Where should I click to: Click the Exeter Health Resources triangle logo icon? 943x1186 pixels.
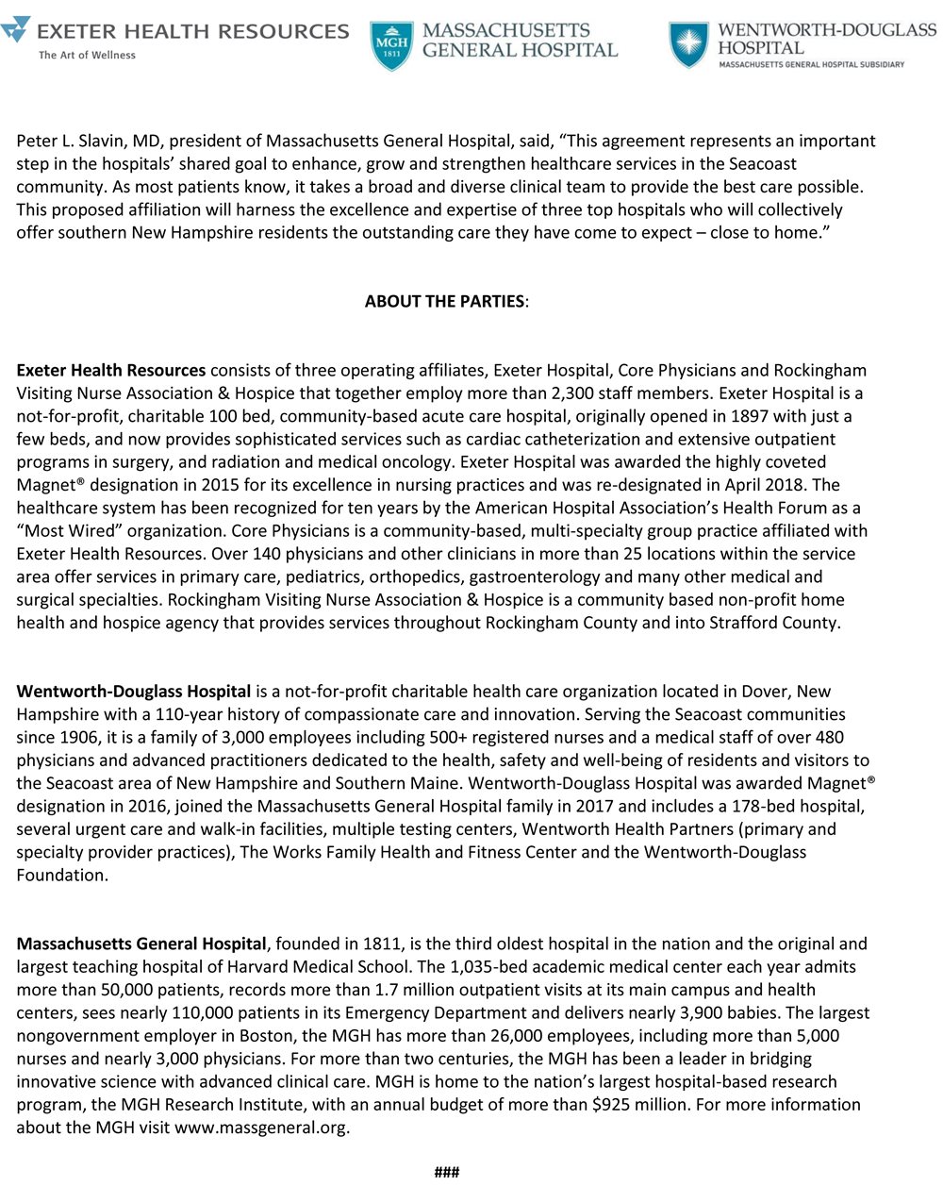pyautogui.click(x=16, y=30)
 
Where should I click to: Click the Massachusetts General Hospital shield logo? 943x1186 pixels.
pyautogui.click(x=391, y=45)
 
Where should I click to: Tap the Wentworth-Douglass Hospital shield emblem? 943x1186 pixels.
pyautogui.click(x=689, y=44)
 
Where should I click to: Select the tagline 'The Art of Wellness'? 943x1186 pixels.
pyautogui.click(x=87, y=55)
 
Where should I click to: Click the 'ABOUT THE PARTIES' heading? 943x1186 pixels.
pyautogui.click(x=445, y=302)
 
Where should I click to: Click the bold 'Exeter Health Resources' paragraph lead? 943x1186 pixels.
pyautogui.click(x=110, y=371)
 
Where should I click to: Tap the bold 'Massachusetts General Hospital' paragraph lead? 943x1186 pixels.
pyautogui.click(x=141, y=944)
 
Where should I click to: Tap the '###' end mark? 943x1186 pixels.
pyautogui.click(x=446, y=1172)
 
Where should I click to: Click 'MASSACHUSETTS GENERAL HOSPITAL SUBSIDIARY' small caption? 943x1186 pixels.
pyautogui.click(x=811, y=64)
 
